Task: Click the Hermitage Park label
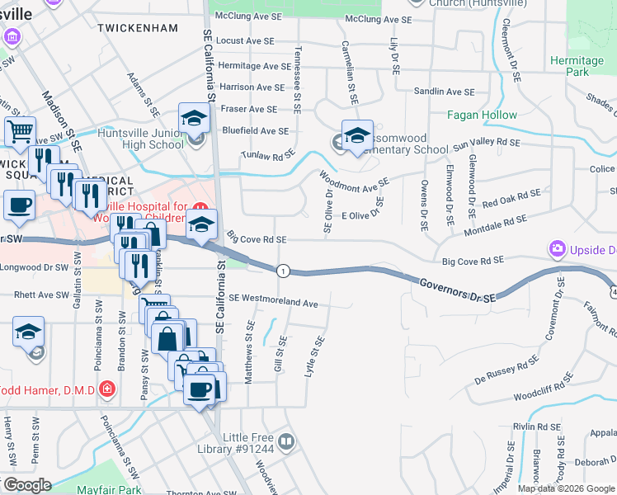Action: pyautogui.click(x=577, y=66)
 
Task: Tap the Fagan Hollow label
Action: pyautogui.click(x=482, y=115)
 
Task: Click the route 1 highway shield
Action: pyautogui.click(x=283, y=271)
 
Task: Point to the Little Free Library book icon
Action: pyautogui.click(x=285, y=442)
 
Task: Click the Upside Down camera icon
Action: pyautogui.click(x=558, y=248)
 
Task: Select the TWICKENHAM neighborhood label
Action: pyautogui.click(x=137, y=28)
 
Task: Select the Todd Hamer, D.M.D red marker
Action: pyautogui.click(x=106, y=389)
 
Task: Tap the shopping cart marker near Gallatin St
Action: pyautogui.click(x=20, y=130)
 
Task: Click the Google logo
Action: pyautogui.click(x=26, y=485)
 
